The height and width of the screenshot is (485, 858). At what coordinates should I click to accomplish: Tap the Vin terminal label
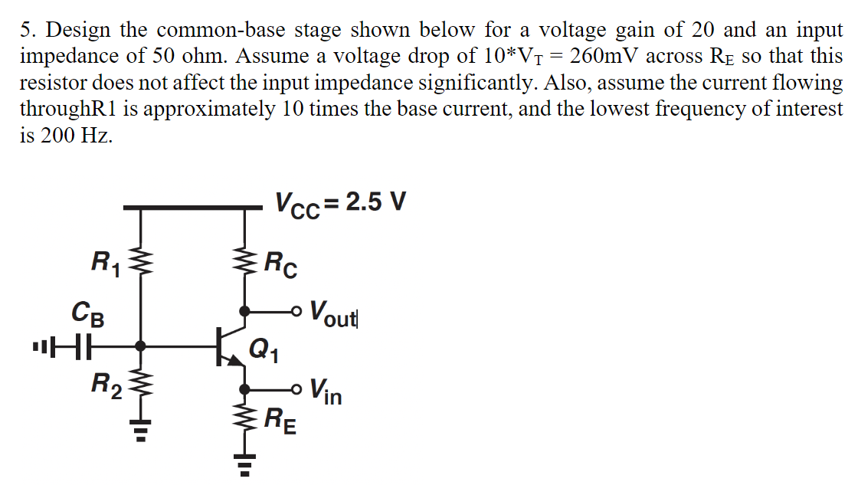tap(326, 392)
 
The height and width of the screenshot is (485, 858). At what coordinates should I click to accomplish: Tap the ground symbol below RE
tap(245, 464)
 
